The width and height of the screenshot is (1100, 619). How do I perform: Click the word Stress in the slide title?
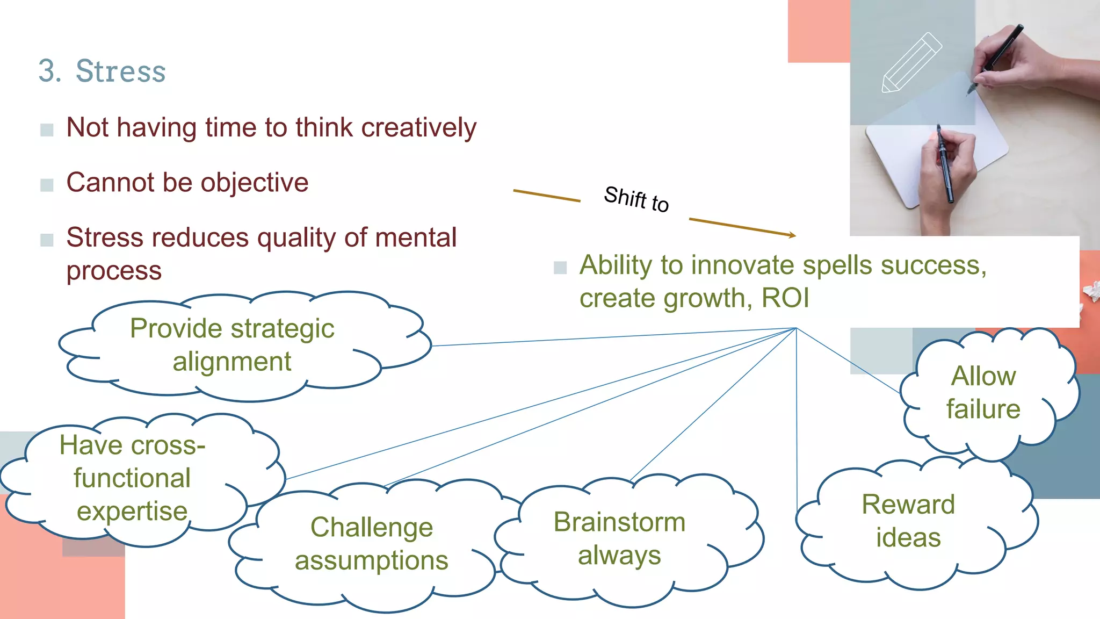pos(121,71)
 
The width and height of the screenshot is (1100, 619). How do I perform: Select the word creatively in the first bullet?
pos(418,128)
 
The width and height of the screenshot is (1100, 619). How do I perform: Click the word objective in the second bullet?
pos(255,183)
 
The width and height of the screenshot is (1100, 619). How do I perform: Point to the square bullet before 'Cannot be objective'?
pos(47,185)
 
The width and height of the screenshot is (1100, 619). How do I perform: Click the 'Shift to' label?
pos(636,199)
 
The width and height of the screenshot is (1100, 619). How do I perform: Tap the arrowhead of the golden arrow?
pos(792,235)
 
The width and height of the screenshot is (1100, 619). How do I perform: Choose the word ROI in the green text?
pos(785,298)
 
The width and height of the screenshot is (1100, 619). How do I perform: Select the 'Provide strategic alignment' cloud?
pos(232,346)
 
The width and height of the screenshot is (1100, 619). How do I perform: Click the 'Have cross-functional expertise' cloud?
pos(132,478)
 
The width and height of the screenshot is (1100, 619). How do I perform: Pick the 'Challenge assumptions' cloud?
pos(371,544)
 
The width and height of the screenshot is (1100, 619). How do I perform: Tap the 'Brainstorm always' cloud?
pos(619,539)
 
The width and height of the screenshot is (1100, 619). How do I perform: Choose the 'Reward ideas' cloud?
pos(908,521)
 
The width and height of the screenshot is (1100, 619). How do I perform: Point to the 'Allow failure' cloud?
pos(983,393)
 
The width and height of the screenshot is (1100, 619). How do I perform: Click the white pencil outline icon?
pos(911,63)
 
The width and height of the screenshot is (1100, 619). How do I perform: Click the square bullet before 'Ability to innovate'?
pos(560,267)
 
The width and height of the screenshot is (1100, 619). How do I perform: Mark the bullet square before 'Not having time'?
pos(47,129)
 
